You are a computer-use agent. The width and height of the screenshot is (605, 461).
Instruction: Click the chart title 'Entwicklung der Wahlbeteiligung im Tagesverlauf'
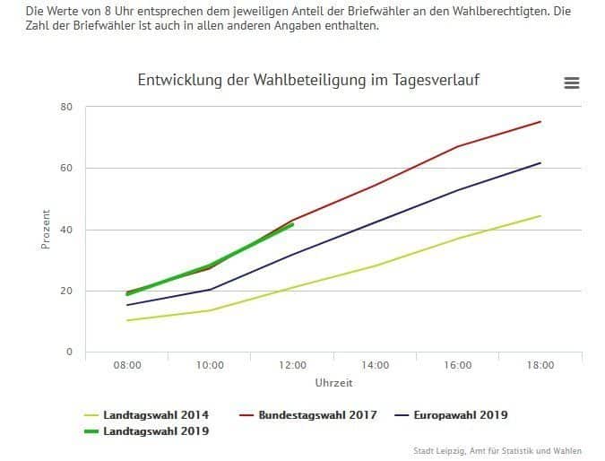[308, 81]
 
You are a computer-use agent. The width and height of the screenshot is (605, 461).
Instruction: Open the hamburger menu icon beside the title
[572, 83]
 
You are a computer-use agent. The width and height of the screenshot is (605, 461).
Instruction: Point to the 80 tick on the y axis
[66, 107]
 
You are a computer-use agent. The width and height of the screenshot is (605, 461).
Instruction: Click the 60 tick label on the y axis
[66, 168]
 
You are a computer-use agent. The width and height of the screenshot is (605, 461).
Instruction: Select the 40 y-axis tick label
[66, 230]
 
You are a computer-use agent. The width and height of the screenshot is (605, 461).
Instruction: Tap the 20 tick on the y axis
[66, 291]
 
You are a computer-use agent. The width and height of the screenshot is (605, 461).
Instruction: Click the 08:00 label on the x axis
[127, 365]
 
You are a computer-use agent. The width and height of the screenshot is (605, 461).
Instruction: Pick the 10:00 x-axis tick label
[210, 365]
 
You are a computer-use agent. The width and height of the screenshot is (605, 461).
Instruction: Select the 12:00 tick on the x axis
[292, 365]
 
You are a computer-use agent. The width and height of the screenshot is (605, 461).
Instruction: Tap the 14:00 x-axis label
[375, 365]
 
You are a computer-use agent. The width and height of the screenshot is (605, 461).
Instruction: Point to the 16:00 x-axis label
[458, 365]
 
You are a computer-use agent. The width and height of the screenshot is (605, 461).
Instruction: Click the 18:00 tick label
[540, 365]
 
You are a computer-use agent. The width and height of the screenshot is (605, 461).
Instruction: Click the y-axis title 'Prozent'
[46, 230]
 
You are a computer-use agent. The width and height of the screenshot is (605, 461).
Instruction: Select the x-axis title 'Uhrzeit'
[333, 383]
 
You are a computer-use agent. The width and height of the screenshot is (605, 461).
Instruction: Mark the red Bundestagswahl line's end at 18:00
[540, 121]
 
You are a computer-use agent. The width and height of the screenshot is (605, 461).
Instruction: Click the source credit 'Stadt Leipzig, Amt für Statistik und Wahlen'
[497, 450]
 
